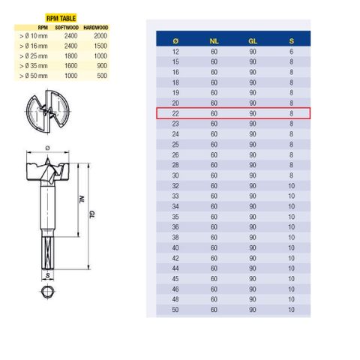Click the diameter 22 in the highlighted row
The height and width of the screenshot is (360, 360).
click(x=175, y=113)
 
